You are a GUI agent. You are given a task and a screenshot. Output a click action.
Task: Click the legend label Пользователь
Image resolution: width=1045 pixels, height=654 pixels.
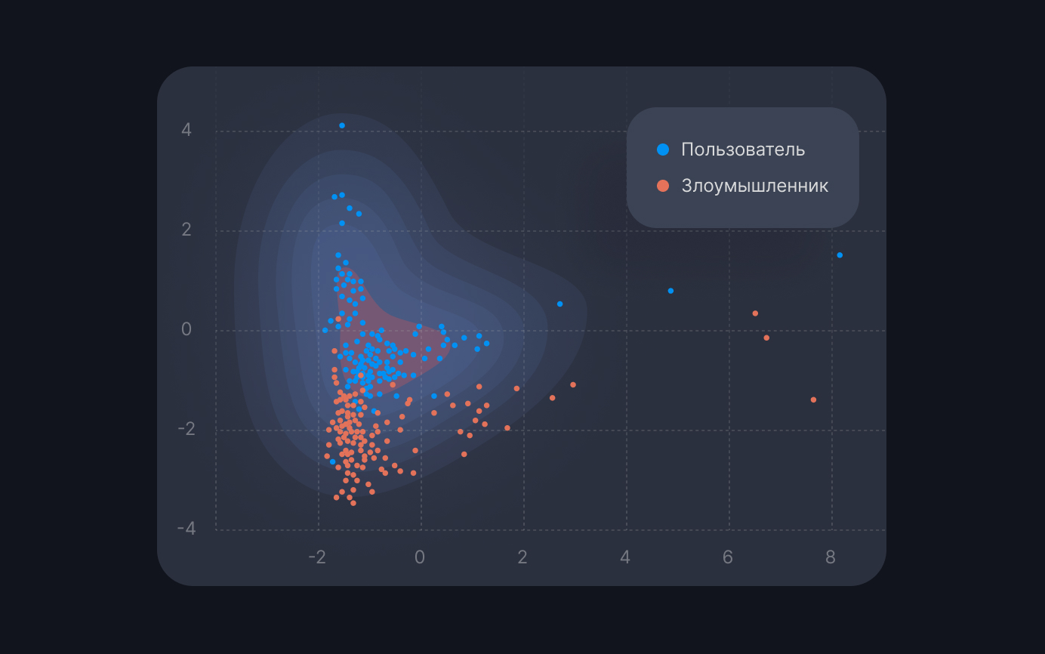click(743, 150)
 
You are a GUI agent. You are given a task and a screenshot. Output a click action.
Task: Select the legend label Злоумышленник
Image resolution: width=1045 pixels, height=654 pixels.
click(754, 186)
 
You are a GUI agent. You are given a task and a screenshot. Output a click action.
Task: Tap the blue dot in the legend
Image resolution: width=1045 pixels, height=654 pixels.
click(663, 150)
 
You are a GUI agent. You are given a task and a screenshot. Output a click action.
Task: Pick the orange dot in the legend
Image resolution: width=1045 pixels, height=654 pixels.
click(663, 186)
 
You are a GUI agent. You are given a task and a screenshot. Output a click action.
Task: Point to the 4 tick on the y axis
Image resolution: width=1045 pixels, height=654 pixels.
click(186, 131)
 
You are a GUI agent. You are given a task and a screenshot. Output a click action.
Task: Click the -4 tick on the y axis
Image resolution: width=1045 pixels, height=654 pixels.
click(186, 529)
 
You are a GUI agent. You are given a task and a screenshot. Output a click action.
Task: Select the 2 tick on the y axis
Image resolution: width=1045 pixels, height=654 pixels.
click(186, 230)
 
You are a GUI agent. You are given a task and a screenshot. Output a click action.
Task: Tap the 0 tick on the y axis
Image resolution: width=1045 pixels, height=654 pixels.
click(186, 330)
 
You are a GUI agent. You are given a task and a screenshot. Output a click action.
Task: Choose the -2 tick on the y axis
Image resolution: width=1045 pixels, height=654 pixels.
click(186, 429)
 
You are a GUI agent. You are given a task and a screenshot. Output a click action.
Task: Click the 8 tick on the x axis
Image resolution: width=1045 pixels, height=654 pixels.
click(831, 557)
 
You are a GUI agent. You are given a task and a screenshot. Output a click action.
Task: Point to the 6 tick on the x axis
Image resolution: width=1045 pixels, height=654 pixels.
click(728, 557)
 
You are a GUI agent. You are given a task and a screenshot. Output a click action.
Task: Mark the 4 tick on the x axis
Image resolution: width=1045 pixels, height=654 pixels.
click(625, 557)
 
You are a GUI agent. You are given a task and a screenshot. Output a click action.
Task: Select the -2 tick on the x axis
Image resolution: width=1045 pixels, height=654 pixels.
click(317, 557)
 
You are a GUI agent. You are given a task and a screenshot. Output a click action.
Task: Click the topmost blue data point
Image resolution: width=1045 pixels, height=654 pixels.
click(342, 125)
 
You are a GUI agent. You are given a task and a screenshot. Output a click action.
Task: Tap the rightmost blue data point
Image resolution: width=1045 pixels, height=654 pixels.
click(840, 255)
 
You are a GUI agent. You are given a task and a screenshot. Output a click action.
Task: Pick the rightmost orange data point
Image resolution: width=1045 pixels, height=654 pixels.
click(813, 399)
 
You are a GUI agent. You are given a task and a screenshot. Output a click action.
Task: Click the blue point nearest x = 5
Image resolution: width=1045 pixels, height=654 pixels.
click(670, 291)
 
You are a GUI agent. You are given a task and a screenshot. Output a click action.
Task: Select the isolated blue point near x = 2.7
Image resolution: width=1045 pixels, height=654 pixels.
click(559, 304)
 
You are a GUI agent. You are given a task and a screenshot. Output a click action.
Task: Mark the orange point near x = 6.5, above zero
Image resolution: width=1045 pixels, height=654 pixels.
click(755, 313)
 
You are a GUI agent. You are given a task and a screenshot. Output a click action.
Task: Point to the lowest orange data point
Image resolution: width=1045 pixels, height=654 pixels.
click(353, 503)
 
